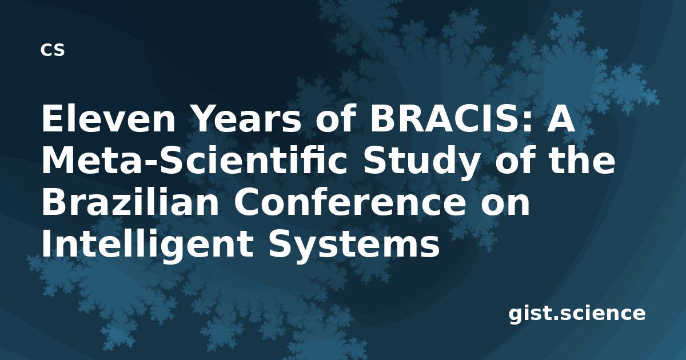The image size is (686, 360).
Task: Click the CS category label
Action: (x=53, y=50)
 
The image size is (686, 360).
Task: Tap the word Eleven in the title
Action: (x=109, y=118)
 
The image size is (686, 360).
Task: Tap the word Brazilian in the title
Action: (x=130, y=201)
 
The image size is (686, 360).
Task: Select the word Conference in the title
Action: (x=349, y=201)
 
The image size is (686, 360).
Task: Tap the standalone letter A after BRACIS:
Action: (x=561, y=118)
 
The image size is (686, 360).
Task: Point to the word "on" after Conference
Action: (x=505, y=204)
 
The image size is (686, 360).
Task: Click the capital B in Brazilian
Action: (x=54, y=201)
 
